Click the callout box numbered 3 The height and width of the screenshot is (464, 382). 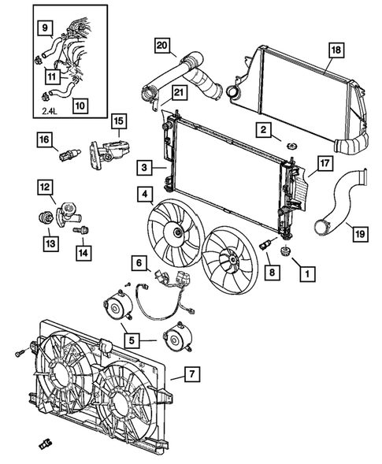tap(144, 167)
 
